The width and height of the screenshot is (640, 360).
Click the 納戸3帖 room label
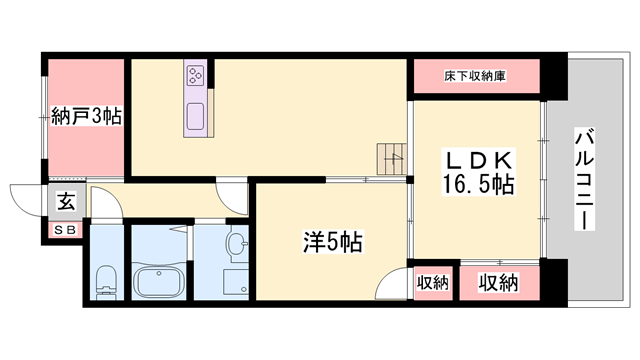(86, 116)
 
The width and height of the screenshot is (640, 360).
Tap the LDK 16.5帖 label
(478, 173)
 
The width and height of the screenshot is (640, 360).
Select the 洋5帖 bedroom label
(333, 242)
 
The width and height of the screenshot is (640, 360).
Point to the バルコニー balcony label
(584, 179)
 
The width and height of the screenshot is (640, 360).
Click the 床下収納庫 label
(475, 76)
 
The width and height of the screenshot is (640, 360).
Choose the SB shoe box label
(65, 230)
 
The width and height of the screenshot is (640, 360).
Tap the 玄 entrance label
(67, 202)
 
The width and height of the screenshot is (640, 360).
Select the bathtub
(158, 282)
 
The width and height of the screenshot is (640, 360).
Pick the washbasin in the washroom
(237, 244)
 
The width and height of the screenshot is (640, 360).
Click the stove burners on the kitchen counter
(195, 76)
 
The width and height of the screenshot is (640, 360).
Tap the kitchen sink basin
(195, 116)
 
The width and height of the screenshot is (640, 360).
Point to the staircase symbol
(391, 159)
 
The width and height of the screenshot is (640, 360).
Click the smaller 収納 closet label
(433, 282)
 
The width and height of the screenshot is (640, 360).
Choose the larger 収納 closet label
(498, 282)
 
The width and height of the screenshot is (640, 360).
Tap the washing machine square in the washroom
(236, 281)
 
